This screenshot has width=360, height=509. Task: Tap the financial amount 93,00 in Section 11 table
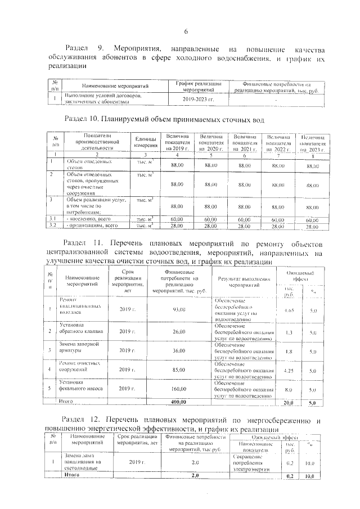click(x=179, y=310)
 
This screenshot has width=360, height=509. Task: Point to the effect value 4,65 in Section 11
click(x=289, y=310)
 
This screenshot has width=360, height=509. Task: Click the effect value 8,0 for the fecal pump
click(x=289, y=389)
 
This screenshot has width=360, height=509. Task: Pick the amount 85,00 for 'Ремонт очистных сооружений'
click(x=179, y=370)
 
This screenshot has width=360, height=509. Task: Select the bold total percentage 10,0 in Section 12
click(x=310, y=476)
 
